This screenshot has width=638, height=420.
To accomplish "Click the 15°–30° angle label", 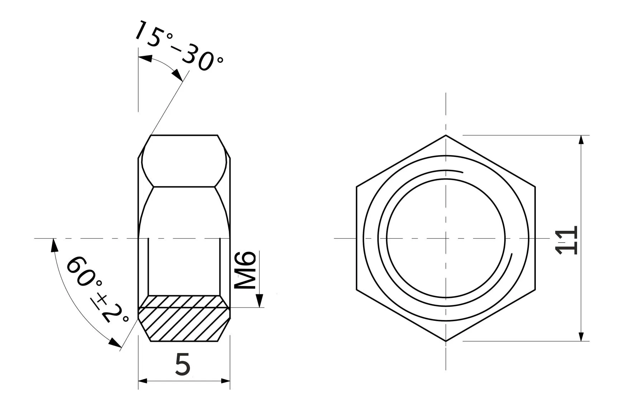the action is tap(179, 46).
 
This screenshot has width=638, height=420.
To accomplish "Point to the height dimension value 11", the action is tap(566, 240).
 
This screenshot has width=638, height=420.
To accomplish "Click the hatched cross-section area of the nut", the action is tap(184, 318).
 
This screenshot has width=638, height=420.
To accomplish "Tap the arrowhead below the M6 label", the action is tap(260, 301).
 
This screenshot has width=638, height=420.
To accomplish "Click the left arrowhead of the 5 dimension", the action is tap(143, 381).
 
